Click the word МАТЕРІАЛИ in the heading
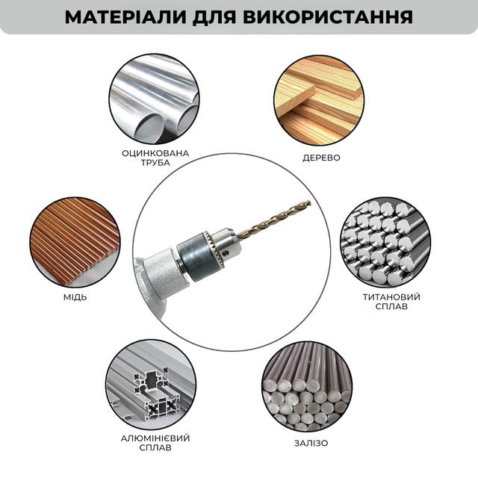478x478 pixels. (x=125, y=17)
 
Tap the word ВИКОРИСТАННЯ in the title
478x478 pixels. (x=328, y=17)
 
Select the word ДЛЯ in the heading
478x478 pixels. (x=214, y=18)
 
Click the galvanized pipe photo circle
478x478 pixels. (x=155, y=99)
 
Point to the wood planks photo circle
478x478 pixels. (x=319, y=100)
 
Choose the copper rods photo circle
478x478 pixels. (x=75, y=242)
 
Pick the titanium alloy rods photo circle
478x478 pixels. (x=385, y=242)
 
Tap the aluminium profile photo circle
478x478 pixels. (x=151, y=385)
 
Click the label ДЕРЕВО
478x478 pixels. (x=321, y=158)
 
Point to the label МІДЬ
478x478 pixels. (x=75, y=297)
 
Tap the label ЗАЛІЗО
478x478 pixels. (x=311, y=443)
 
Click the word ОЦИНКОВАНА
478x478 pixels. (x=155, y=153)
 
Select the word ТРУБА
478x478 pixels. (x=155, y=163)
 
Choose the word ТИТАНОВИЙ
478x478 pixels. (x=391, y=297)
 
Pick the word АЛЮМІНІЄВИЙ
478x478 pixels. (x=155, y=438)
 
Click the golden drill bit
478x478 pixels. (x=273, y=219)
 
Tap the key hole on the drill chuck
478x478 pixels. (x=226, y=252)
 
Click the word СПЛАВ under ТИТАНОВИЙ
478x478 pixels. (x=391, y=306)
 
